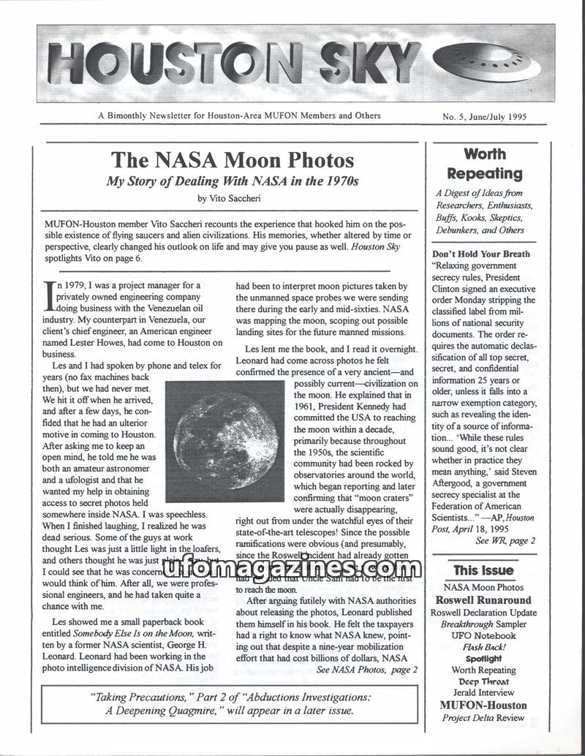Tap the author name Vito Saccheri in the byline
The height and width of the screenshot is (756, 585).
coord(238,197)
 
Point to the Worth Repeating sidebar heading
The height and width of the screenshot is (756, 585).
coord(484,164)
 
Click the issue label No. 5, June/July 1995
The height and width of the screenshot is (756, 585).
coord(484,116)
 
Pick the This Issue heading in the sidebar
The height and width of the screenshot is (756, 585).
coord(483,570)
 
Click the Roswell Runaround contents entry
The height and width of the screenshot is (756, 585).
coord(483,600)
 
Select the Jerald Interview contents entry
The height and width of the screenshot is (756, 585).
coord(483,693)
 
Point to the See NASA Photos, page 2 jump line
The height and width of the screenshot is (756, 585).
coord(367,668)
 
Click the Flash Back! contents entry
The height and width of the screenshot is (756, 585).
coord(483,647)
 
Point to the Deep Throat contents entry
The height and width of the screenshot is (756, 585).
coord(483,681)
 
